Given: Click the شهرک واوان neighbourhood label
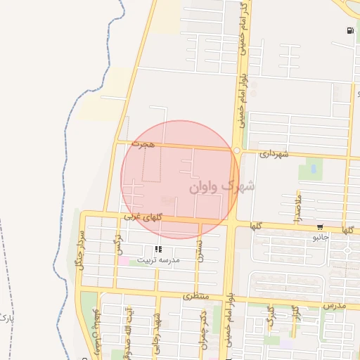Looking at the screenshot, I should [x=222, y=187].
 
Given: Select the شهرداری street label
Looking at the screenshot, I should [x=274, y=153].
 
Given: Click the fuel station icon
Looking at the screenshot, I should [x=349, y=30].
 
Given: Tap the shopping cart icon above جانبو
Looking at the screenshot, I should [x=321, y=227].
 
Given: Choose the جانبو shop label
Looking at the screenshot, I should [x=321, y=238].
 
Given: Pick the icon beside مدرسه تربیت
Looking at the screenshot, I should [x=158, y=249].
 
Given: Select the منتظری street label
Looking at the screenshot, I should [x=197, y=297].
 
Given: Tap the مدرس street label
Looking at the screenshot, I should [x=335, y=307].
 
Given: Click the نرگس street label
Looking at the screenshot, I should [x=120, y=247].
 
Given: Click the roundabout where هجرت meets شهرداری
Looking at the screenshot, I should [x=237, y=150].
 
